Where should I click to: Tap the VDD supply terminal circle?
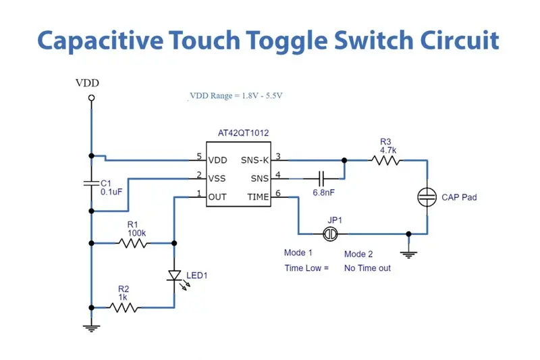(x=91, y=99)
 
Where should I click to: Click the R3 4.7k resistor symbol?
(x=385, y=161)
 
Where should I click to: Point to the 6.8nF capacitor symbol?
(x=321, y=178)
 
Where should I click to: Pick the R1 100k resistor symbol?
(x=133, y=241)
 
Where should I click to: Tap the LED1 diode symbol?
(x=174, y=276)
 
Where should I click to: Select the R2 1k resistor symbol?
(x=125, y=307)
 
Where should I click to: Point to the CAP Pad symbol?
(x=427, y=197)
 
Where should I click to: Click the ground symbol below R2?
(x=91, y=328)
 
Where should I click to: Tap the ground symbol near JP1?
(x=408, y=253)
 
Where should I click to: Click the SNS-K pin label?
(x=254, y=161)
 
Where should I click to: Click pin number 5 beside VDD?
(x=199, y=157)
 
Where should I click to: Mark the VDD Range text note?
(x=236, y=96)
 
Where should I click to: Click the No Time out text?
(x=368, y=268)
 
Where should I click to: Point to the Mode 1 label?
(x=298, y=253)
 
